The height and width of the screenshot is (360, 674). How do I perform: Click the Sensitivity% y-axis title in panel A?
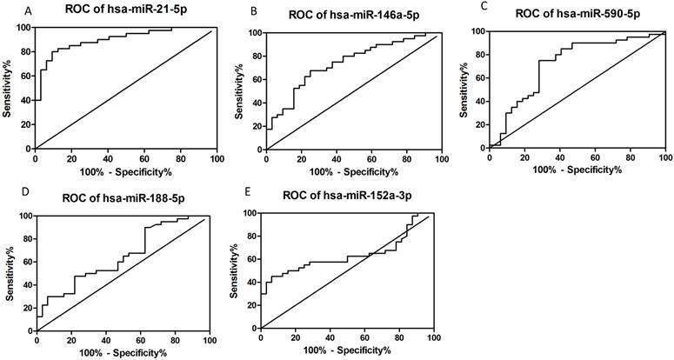[x=8, y=88]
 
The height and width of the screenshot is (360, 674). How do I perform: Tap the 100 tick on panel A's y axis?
[x=22, y=28]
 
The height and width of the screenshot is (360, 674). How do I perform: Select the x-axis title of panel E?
[x=347, y=351]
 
